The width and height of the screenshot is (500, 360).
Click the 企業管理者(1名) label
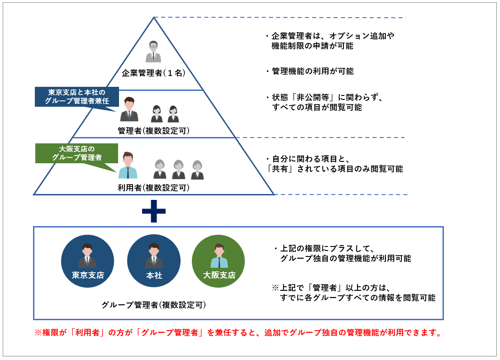[x=153, y=73]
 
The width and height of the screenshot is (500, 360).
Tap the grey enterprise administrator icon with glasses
[x=153, y=51]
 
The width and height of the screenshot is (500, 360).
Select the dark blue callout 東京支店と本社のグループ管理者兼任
[x=77, y=96]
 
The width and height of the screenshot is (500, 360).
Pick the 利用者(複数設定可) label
[x=153, y=187]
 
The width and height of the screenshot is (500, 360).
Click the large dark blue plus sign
[x=153, y=211]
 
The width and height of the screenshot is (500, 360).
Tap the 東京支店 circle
[x=87, y=261]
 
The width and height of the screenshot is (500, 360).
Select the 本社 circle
[x=154, y=261]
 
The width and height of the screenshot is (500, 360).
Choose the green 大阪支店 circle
[x=219, y=261]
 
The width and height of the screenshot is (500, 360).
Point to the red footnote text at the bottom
[x=238, y=333]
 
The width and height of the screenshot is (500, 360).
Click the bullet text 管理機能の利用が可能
[x=312, y=71]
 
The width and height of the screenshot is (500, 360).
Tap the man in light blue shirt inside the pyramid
[x=128, y=166]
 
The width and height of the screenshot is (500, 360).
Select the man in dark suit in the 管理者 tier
[x=129, y=110]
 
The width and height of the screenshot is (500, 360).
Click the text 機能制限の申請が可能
[x=312, y=46]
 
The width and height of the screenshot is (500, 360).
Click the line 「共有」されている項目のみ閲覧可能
[x=335, y=169]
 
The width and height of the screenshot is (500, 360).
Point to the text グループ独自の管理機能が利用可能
[x=346, y=258]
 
